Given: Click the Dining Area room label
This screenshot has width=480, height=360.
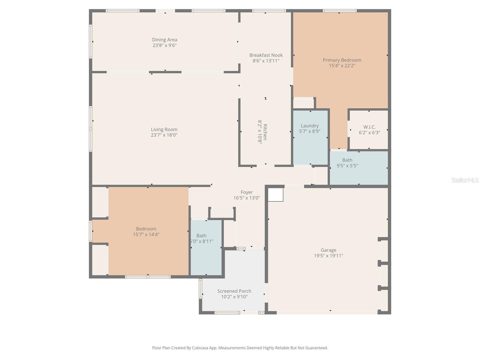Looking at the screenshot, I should pyautogui.click(x=164, y=40).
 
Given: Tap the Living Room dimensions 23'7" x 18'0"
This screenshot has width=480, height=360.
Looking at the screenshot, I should pyautogui.click(x=164, y=135).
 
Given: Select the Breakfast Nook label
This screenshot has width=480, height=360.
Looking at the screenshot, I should pyautogui.click(x=266, y=55).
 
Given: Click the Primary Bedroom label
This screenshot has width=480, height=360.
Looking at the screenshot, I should pyautogui.click(x=342, y=60).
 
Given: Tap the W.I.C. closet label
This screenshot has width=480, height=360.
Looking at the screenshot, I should pyautogui.click(x=369, y=127).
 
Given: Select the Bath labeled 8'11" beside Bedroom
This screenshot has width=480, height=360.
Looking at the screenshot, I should pyautogui.click(x=201, y=238).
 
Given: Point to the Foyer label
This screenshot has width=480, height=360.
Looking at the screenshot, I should pyautogui.click(x=247, y=192).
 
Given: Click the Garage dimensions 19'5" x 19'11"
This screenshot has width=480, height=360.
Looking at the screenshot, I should pyautogui.click(x=328, y=256).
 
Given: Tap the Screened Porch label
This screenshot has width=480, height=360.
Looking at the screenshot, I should pyautogui.click(x=234, y=291).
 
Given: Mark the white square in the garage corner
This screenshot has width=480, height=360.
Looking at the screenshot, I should pyautogui.click(x=275, y=195).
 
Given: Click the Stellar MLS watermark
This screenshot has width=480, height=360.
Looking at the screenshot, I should pyautogui.click(x=465, y=180).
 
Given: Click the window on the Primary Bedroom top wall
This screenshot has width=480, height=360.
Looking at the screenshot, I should pyautogui.click(x=340, y=11).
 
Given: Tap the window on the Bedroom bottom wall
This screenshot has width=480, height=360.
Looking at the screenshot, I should pyautogui.click(x=148, y=277).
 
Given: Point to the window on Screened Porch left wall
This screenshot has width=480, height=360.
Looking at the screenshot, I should pyautogui.click(x=200, y=289).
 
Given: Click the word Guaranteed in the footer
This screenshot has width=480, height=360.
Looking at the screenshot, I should pyautogui.click(x=316, y=348).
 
